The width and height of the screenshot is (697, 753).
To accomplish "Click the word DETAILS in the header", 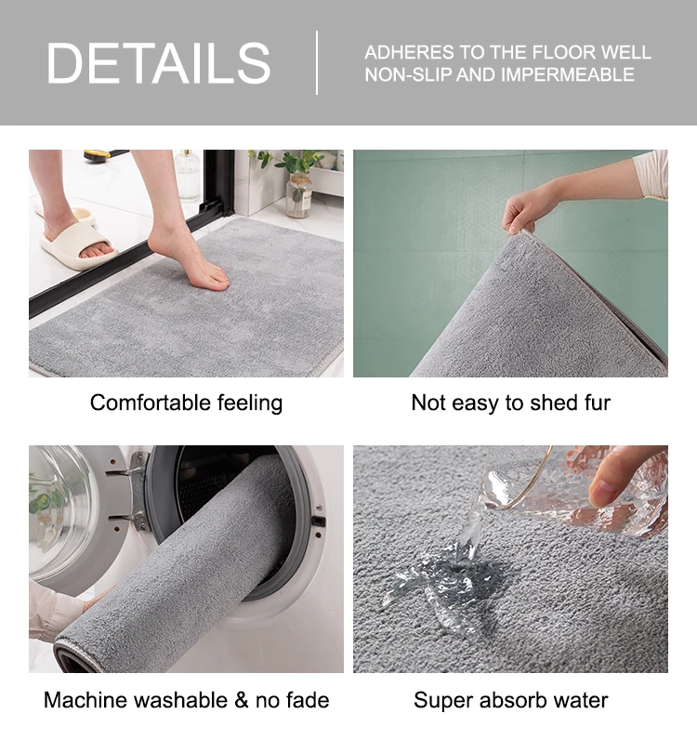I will click(x=159, y=63).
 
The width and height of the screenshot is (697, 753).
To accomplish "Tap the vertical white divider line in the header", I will click(x=317, y=62).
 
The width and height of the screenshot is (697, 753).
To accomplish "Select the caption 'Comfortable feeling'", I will click(x=186, y=403).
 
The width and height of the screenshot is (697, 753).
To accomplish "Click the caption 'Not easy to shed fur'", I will click(x=510, y=403).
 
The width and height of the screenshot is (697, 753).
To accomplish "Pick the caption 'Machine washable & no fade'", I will click(x=186, y=699).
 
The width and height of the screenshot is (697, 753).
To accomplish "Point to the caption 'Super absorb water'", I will click(x=510, y=699).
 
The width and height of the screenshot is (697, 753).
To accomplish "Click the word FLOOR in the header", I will click(x=546, y=52).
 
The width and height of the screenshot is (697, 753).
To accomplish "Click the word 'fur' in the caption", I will click(x=595, y=403).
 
